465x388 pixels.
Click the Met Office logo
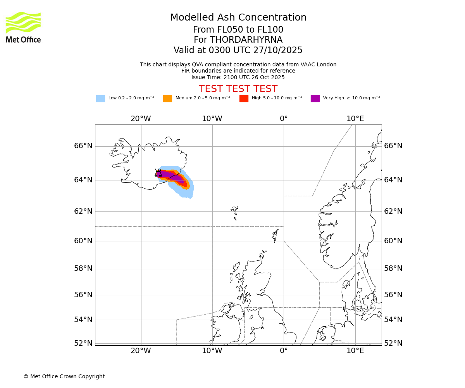pyautogui.click(x=23, y=27)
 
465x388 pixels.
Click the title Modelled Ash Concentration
pyautogui.click(x=238, y=18)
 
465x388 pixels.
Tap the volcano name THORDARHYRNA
pyautogui.click(x=238, y=40)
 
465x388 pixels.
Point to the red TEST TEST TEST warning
pyautogui.click(x=238, y=89)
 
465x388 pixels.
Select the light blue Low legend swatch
pyautogui.click(x=100, y=99)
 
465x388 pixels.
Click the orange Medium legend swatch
pyautogui.click(x=167, y=99)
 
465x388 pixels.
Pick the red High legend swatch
pyautogui.click(x=244, y=99)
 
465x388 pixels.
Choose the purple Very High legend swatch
pyautogui.click(x=315, y=99)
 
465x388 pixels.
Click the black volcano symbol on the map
pyautogui.click(x=158, y=173)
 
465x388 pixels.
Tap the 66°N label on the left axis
pyautogui.click(x=83, y=146)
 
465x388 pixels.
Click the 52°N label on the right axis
pyautogui.click(x=393, y=343)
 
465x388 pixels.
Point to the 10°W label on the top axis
pyautogui.click(x=212, y=119)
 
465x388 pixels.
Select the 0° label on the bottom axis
pyautogui.click(x=284, y=351)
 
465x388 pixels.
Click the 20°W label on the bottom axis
pyautogui.click(x=141, y=351)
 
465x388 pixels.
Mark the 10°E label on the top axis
pyautogui.click(x=355, y=119)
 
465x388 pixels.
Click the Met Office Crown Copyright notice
pyautogui.click(x=64, y=376)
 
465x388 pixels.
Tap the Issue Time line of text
pyautogui.click(x=238, y=77)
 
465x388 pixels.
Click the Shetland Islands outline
pyautogui.click(x=276, y=235)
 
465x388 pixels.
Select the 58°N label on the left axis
pyautogui.click(x=83, y=268)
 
